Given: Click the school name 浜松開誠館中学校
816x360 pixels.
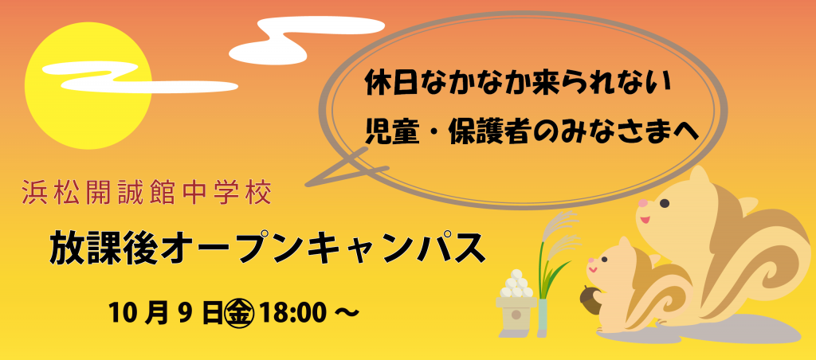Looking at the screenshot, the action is pyautogui.click(x=147, y=193).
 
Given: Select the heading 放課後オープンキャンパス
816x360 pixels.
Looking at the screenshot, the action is pyautogui.click(x=267, y=248).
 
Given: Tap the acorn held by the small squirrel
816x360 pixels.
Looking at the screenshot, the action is pyautogui.click(x=590, y=300).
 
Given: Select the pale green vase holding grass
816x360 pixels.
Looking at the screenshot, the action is pyautogui.click(x=543, y=317).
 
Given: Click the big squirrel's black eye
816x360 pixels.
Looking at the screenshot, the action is pyautogui.click(x=665, y=203).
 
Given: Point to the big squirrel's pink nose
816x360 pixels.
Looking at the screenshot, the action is pyautogui.click(x=644, y=203).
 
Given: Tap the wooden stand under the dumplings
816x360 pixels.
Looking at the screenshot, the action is pyautogui.click(x=516, y=316).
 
